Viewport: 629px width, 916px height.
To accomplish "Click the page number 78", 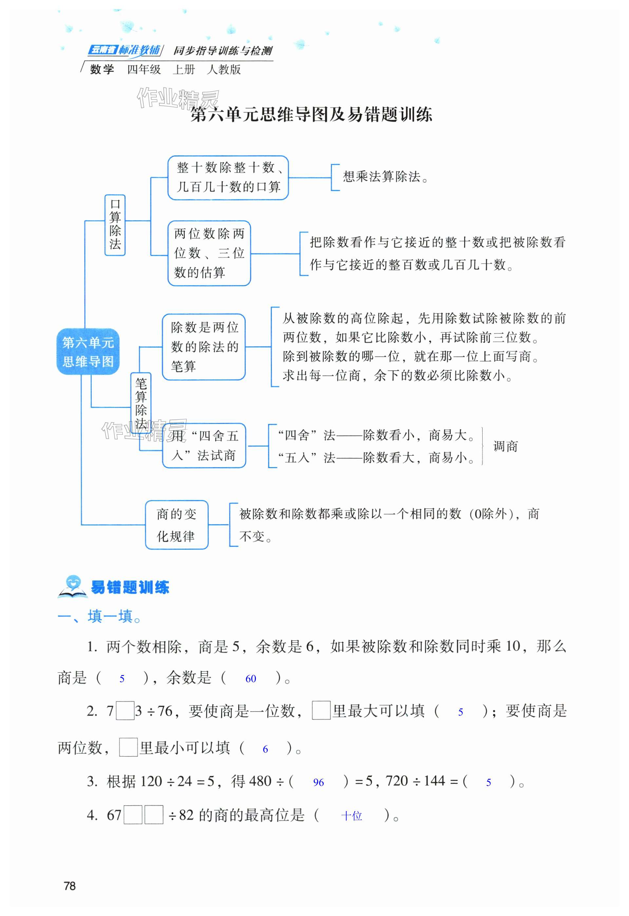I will [x=69, y=886].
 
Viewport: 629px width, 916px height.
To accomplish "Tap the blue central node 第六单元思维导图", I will [x=88, y=352].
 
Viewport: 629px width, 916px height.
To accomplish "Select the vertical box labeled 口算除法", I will [x=115, y=225].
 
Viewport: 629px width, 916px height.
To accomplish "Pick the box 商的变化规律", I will [x=176, y=524].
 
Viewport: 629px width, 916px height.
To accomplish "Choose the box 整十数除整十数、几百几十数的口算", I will [x=228, y=177].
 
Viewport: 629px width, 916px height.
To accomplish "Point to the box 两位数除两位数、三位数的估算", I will [x=209, y=253].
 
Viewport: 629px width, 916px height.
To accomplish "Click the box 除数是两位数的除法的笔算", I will [x=204, y=347].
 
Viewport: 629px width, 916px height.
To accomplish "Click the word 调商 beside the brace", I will [x=505, y=446].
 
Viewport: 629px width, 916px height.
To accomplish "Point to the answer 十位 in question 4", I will [x=352, y=816].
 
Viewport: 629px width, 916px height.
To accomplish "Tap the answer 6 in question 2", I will [x=265, y=749].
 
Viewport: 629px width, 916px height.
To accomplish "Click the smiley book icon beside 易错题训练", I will [x=72, y=586].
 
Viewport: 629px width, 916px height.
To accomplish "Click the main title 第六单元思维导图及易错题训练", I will [x=311, y=115].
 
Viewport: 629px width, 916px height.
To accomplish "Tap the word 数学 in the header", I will [x=102, y=69].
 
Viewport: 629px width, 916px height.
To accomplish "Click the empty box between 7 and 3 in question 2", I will [x=125, y=711].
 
